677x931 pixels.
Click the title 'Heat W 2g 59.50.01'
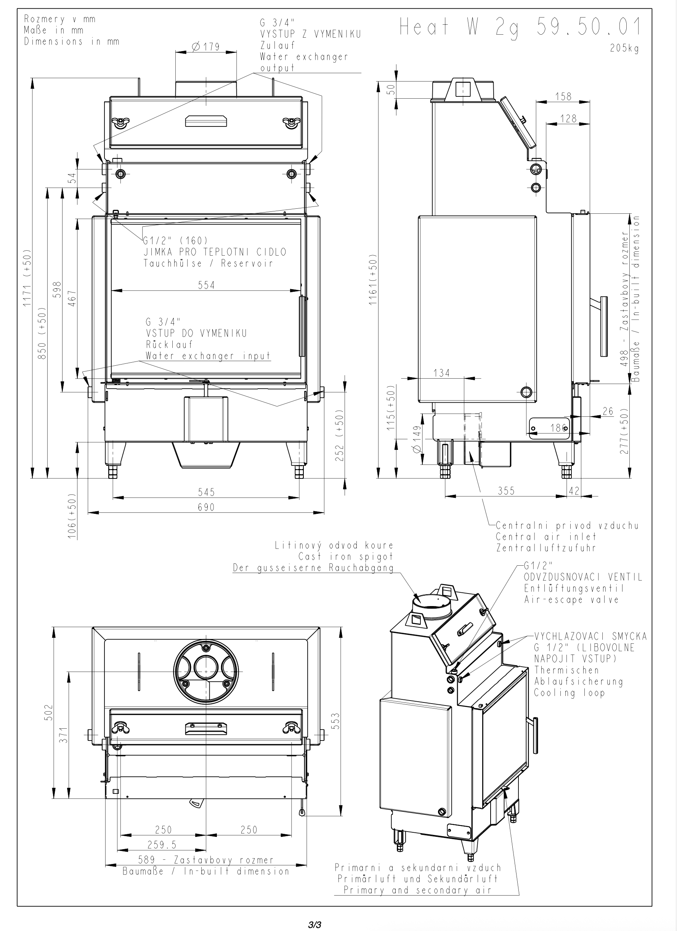(x=520, y=27)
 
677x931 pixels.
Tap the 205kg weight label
(x=624, y=48)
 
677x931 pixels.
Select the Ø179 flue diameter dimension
(x=206, y=47)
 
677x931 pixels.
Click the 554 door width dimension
(x=206, y=285)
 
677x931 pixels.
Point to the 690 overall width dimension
(x=206, y=507)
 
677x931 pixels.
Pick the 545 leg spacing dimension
(x=206, y=492)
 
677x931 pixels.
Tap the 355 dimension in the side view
(x=506, y=491)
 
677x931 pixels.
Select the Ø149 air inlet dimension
(x=417, y=439)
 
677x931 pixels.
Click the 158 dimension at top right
(x=563, y=96)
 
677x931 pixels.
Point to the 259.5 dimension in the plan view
(x=162, y=845)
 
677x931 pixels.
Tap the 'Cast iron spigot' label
(x=346, y=557)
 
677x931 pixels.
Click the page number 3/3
(x=314, y=925)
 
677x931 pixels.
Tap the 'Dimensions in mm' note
(x=72, y=42)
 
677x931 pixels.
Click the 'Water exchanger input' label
(x=208, y=356)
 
